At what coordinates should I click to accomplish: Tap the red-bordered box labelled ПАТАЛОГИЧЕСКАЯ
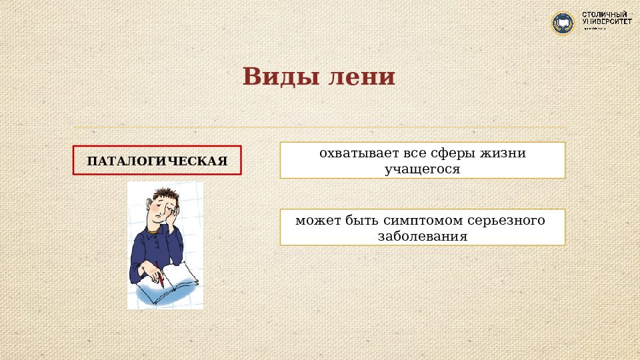157,161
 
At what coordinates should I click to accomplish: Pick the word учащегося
423,169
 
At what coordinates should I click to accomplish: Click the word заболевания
423,236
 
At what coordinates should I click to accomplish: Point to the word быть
359,220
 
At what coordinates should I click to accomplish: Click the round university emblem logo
563,23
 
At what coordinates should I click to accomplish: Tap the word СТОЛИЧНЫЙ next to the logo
607,14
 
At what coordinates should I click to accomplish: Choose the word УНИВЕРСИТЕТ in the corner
607,22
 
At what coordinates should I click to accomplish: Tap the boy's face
160,212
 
